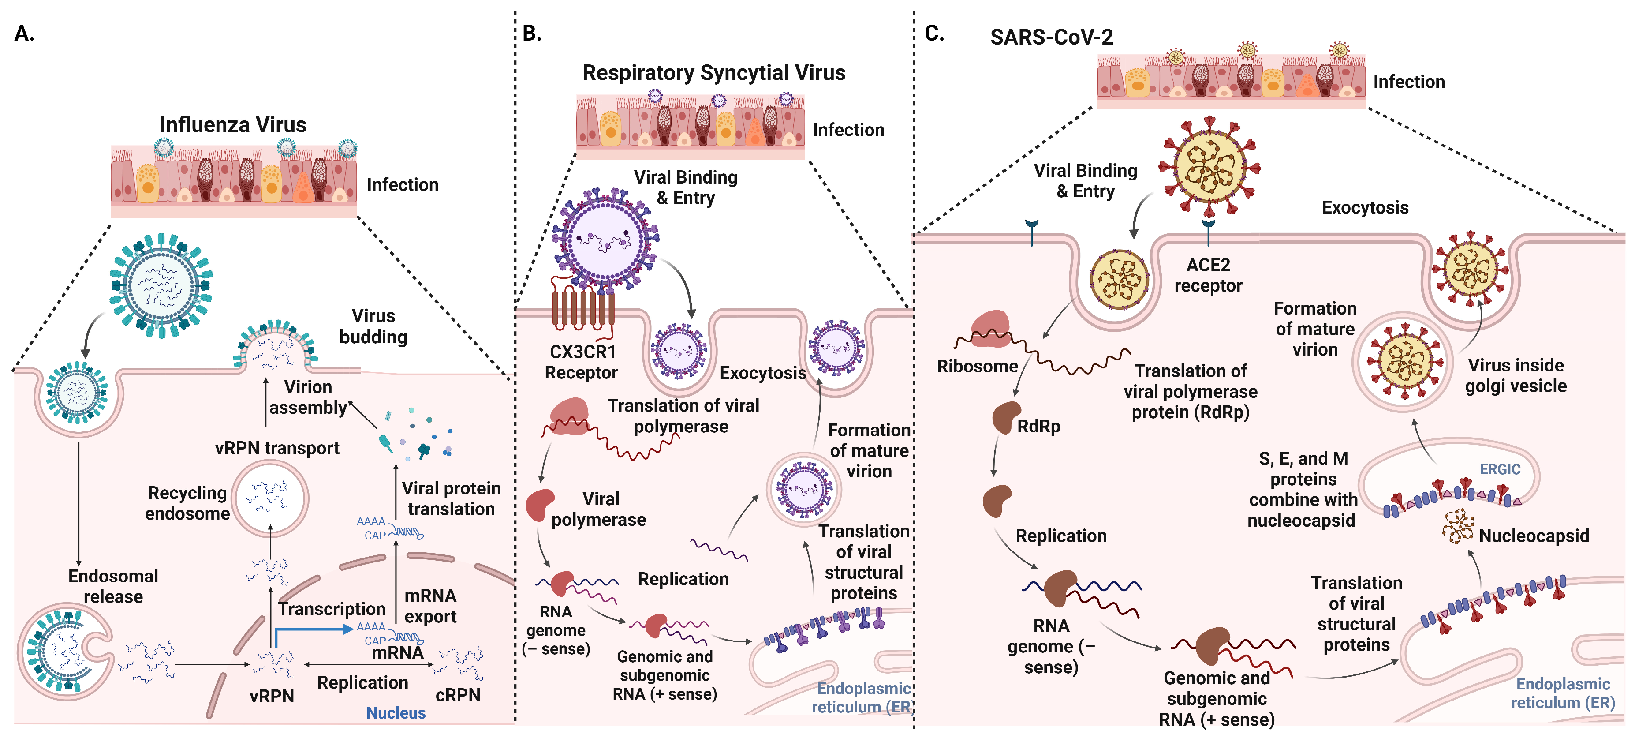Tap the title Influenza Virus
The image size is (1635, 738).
click(x=233, y=124)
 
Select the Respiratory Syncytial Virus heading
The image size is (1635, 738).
click(x=713, y=72)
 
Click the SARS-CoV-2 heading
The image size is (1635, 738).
click(x=1051, y=37)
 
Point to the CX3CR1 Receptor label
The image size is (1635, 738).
click(x=582, y=362)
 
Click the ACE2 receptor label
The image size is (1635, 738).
click(x=1208, y=275)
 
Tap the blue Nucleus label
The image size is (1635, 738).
click(x=396, y=712)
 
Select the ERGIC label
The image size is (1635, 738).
click(x=1500, y=469)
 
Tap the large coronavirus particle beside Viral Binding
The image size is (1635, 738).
click(x=1209, y=166)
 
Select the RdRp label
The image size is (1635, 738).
click(x=1038, y=426)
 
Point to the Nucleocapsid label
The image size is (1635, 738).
click(x=1534, y=536)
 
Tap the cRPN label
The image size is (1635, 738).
click(x=458, y=695)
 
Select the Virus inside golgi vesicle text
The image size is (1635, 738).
click(x=1516, y=375)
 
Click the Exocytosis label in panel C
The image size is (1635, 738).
click(x=1365, y=208)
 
